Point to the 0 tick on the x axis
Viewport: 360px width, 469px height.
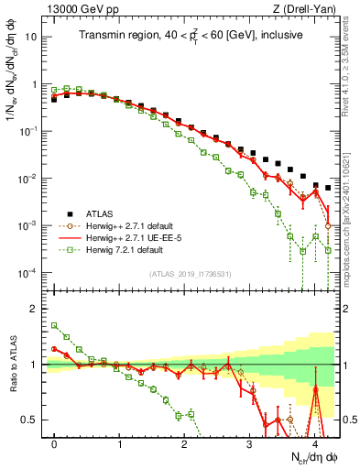55,443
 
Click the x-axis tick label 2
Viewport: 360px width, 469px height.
184,443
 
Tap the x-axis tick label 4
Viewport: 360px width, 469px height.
314,443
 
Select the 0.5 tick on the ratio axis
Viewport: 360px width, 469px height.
32,420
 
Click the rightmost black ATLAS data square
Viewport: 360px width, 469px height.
328,188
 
